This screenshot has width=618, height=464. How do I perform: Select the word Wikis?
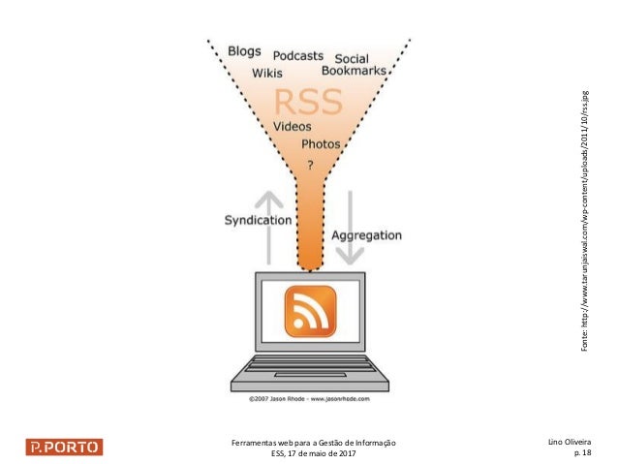[x=268, y=73]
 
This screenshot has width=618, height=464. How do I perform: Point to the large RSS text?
[x=310, y=101]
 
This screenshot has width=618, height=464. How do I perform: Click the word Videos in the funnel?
[x=293, y=127]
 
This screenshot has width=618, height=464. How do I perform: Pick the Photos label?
[x=321, y=144]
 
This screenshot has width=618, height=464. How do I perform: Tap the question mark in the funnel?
[x=310, y=165]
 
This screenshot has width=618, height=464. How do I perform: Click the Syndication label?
[x=258, y=220]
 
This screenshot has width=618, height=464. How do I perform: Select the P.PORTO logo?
[x=63, y=448]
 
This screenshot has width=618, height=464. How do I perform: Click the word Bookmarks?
[x=355, y=72]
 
